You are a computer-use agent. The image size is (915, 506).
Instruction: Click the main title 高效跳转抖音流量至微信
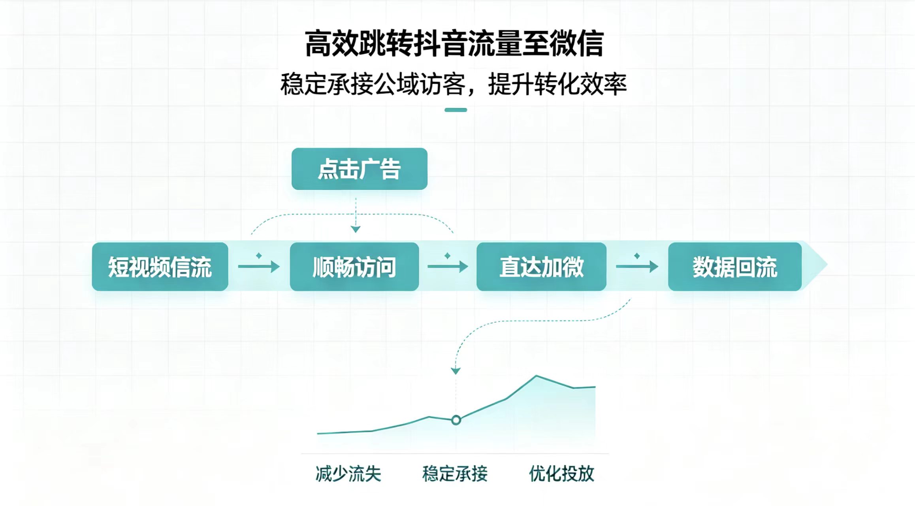tap(454, 43)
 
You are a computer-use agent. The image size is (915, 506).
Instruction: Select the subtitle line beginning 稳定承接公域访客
tap(454, 84)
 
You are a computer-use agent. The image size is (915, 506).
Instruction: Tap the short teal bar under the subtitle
tap(456, 110)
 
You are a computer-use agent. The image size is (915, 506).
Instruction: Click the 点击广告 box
tap(359, 169)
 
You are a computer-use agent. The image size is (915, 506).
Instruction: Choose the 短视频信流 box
tap(160, 266)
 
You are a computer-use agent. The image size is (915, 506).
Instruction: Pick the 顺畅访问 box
tap(354, 266)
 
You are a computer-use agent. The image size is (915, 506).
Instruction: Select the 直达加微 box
tap(541, 266)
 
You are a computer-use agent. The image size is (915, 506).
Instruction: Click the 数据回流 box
tap(735, 266)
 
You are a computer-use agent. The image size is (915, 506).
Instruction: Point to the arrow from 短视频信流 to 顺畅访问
tap(259, 266)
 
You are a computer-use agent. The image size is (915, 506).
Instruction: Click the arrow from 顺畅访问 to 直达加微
tap(448, 266)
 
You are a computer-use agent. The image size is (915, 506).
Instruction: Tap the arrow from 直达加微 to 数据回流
tap(637, 266)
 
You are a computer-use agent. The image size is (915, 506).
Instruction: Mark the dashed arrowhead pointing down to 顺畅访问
tap(356, 229)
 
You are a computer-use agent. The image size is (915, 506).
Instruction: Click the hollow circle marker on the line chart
tap(456, 420)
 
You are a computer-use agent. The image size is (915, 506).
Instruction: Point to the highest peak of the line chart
tap(536, 376)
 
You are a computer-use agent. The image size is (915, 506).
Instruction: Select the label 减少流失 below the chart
tap(348, 474)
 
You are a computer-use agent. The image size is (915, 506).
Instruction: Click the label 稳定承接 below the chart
tap(455, 474)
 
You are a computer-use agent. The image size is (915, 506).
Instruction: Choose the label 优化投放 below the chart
tap(562, 474)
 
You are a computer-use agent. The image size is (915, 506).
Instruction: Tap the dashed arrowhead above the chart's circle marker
tap(456, 371)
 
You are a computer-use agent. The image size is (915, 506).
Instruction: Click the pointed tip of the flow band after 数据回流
tap(827, 265)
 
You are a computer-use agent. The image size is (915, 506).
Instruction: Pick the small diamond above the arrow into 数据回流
tap(637, 256)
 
